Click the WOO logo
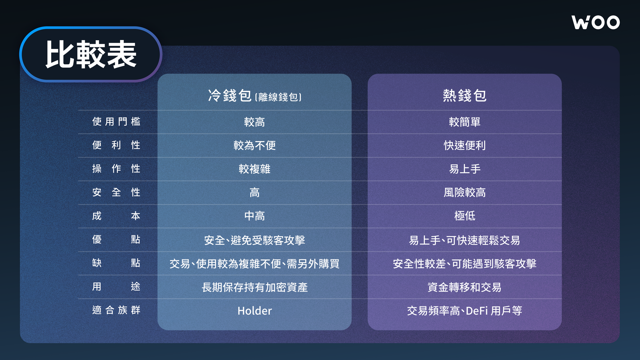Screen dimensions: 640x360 (596, 22)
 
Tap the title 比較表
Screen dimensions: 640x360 (91, 55)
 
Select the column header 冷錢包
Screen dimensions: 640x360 (229, 96)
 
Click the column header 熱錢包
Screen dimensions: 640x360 (465, 96)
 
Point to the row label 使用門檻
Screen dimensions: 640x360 (116, 122)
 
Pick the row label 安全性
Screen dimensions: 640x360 (116, 192)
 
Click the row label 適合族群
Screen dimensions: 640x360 (116, 310)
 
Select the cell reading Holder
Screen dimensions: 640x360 (254, 311)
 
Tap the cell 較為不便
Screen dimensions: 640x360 (254, 145)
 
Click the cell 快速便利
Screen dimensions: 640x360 (465, 145)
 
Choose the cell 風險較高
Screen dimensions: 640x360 (465, 192)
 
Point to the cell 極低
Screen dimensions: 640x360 (465, 216)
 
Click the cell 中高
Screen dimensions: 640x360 (254, 216)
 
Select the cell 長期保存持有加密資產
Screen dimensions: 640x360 (254, 287)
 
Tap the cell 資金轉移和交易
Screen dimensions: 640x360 (465, 287)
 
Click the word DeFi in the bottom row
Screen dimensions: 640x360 (477, 311)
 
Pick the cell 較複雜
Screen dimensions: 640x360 (254, 169)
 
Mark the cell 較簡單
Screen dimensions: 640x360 (465, 122)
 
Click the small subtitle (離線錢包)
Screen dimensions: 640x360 (278, 97)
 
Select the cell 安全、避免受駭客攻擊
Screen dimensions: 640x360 (254, 240)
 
